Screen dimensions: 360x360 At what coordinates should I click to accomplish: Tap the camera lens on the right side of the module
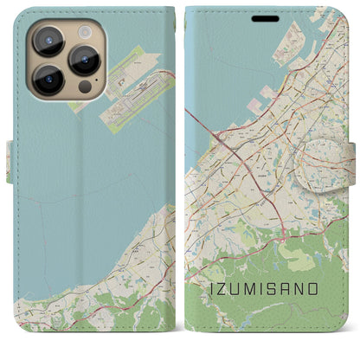pyautogui.click(x=85, y=60)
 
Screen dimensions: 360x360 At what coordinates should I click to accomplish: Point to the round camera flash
pyautogui.click(x=85, y=31)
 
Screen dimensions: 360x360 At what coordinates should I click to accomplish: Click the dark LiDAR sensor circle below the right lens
pyautogui.click(x=84, y=87)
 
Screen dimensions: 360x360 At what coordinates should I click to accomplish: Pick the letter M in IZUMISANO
pyautogui.click(x=253, y=288)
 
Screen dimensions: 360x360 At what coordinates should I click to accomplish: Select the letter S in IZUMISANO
pyautogui.click(x=274, y=288)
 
